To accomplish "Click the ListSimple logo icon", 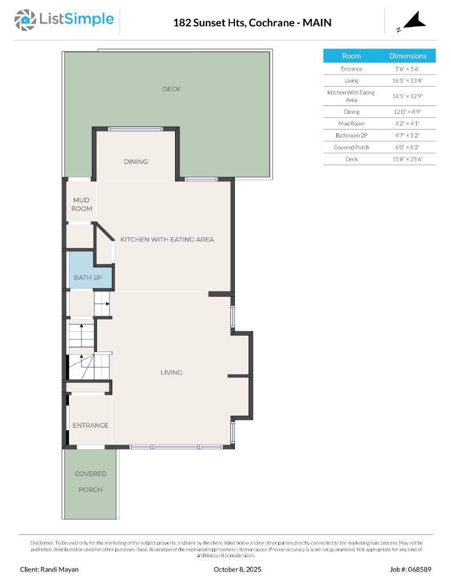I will pos(25,20).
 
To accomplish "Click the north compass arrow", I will pos(415,21).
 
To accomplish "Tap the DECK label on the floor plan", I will pos(171,89).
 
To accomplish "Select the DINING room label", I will pos(136,161).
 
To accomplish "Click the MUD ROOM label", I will pos(82,204).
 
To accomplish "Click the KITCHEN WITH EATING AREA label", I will pos(167,240).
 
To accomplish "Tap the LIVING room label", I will pos(171,372).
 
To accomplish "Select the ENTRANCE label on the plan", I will pos(90,425).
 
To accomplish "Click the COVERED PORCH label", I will pos(91,481).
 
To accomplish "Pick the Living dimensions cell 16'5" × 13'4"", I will pos(407,81).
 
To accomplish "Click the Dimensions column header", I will pos(407,56).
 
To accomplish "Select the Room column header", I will pos(351,56).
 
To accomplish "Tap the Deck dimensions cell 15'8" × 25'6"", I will pos(407,159).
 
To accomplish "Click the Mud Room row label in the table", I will pos(351,123).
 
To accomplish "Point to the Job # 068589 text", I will pos(411,569).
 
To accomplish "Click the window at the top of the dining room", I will pos(136,128).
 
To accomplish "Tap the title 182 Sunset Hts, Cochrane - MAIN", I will pos(252,23).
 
